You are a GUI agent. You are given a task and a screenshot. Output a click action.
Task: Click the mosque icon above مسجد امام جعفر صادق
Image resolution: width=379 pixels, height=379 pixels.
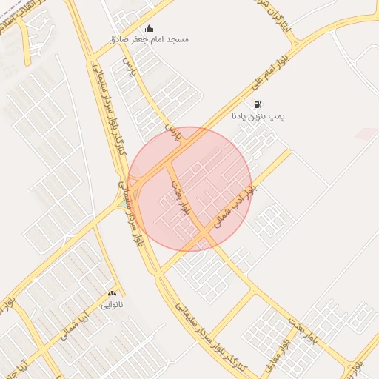150,29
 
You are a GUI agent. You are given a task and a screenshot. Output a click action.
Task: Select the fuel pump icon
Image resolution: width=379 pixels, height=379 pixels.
258,104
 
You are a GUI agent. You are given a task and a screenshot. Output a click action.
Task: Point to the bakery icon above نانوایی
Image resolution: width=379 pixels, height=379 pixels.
113,294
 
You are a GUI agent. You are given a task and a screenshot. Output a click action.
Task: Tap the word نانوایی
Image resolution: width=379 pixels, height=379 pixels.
113,304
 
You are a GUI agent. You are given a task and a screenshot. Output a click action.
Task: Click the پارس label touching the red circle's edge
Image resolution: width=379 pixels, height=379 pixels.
172,133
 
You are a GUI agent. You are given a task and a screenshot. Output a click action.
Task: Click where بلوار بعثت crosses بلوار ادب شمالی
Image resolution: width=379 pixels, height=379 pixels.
205,235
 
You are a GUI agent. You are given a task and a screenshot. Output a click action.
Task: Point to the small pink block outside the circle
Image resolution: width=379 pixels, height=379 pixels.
366,133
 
